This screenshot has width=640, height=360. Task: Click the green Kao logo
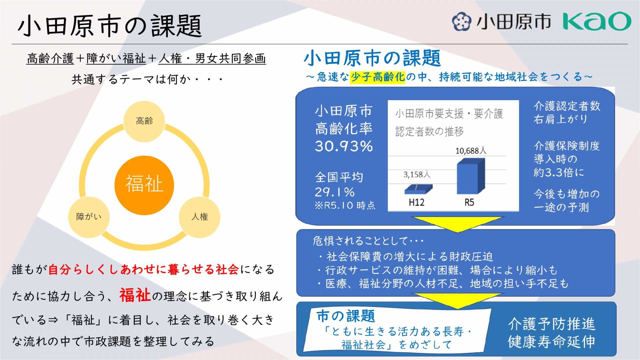point(597,21)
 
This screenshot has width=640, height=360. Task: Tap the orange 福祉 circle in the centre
point(144,185)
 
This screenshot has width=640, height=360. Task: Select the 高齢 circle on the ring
point(144,121)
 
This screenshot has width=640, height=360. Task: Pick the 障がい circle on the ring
point(89,217)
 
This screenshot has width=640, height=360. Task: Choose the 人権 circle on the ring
point(200,217)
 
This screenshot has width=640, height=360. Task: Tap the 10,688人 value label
point(471,151)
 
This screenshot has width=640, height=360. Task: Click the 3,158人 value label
point(417,174)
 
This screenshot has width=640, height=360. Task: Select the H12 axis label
point(417,202)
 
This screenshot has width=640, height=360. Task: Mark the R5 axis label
point(469,202)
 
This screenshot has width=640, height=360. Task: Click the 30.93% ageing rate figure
point(344,146)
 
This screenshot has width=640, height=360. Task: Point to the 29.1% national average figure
point(335,192)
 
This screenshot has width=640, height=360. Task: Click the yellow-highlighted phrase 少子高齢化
point(378,77)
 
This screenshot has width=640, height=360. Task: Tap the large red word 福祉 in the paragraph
point(135,295)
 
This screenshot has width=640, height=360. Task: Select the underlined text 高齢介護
point(50,59)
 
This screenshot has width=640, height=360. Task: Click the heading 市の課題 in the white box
point(346,316)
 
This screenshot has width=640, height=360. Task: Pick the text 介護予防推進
point(552,324)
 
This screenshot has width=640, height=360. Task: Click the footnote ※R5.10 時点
point(345,205)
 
